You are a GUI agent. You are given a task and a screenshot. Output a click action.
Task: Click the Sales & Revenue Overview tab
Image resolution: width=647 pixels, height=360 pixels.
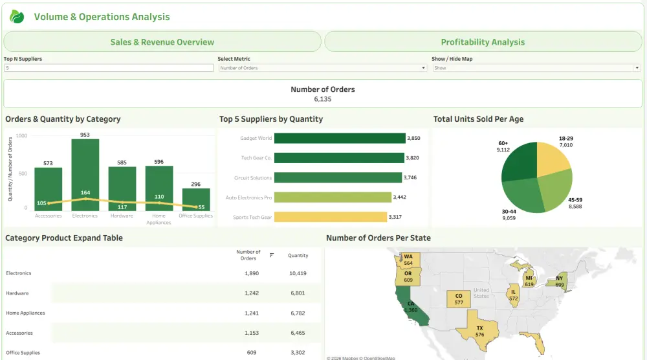(162, 42)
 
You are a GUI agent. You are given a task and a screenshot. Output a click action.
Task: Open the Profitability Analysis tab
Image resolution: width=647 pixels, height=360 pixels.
(483, 42)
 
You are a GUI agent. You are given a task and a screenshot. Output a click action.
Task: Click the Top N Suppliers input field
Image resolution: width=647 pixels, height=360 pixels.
(108, 68)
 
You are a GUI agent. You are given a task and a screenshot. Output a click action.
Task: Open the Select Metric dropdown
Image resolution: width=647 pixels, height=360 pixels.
(322, 68)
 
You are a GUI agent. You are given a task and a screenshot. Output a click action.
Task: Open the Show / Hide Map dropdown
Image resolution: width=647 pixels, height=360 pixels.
(536, 68)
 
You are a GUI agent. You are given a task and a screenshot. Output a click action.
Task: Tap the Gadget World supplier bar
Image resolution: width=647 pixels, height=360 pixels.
(340, 138)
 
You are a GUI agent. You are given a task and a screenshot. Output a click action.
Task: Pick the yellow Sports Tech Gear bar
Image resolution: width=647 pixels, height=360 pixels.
(330, 217)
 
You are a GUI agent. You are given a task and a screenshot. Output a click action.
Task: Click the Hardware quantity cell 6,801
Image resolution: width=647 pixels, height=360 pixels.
(298, 293)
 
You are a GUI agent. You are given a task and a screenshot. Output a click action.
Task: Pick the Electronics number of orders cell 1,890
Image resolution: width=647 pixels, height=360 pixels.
(252, 273)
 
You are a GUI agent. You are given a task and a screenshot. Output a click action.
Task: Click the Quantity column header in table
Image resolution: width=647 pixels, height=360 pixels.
(298, 255)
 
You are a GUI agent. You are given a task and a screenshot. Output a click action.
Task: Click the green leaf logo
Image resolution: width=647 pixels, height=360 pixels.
(17, 17)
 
